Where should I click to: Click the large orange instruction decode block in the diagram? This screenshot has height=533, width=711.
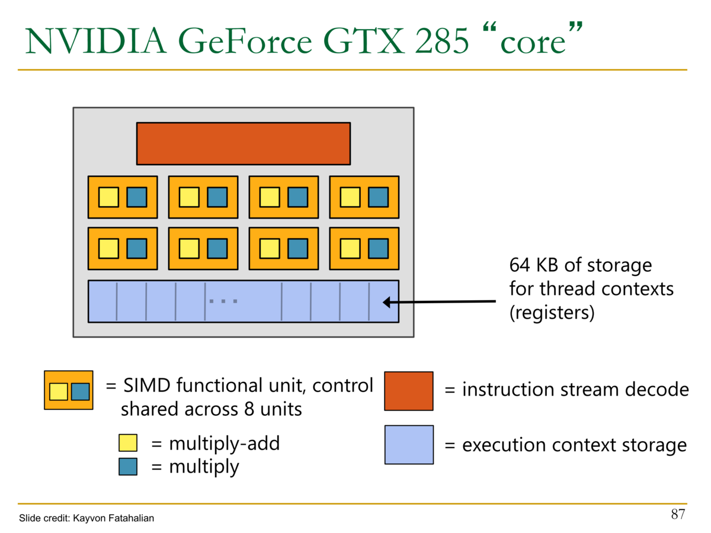[x=243, y=143]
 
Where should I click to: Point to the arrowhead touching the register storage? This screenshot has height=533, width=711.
[x=386, y=303]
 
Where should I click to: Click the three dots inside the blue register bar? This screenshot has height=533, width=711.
[x=223, y=301]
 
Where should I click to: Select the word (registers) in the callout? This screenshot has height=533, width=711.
[x=552, y=312]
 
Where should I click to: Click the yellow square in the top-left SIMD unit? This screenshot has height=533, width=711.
[x=108, y=197]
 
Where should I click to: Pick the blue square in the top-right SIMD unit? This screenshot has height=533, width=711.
[x=378, y=197]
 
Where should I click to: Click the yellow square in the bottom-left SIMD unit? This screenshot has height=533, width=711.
[x=108, y=249]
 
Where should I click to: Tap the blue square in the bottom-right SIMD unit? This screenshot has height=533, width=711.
[x=378, y=249]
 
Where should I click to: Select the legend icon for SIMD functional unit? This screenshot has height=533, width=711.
[x=68, y=390]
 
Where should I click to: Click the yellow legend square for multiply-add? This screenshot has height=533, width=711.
[x=128, y=443]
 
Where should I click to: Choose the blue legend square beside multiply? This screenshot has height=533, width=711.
[x=128, y=467]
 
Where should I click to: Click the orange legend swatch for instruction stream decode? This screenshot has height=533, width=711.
[x=408, y=391]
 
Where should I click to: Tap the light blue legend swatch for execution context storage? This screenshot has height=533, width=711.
[x=408, y=445]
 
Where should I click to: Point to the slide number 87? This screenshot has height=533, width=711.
[x=678, y=514]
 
